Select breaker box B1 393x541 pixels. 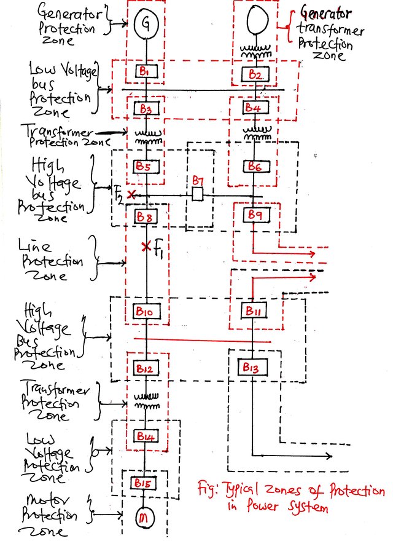(146, 72)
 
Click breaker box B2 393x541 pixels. (255, 74)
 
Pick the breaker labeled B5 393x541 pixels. (146, 167)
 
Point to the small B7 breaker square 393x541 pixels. (197, 194)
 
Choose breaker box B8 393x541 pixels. (146, 216)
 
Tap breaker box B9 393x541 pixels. (255, 215)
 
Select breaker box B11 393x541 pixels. (254, 311)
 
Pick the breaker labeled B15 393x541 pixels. (144, 483)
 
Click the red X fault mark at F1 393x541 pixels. (146, 247)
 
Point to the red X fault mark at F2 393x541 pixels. (131, 195)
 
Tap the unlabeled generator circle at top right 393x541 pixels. (257, 19)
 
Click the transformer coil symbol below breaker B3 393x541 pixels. (148, 137)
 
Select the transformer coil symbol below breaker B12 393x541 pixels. (147, 401)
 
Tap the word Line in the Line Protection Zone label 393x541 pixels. (35, 245)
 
